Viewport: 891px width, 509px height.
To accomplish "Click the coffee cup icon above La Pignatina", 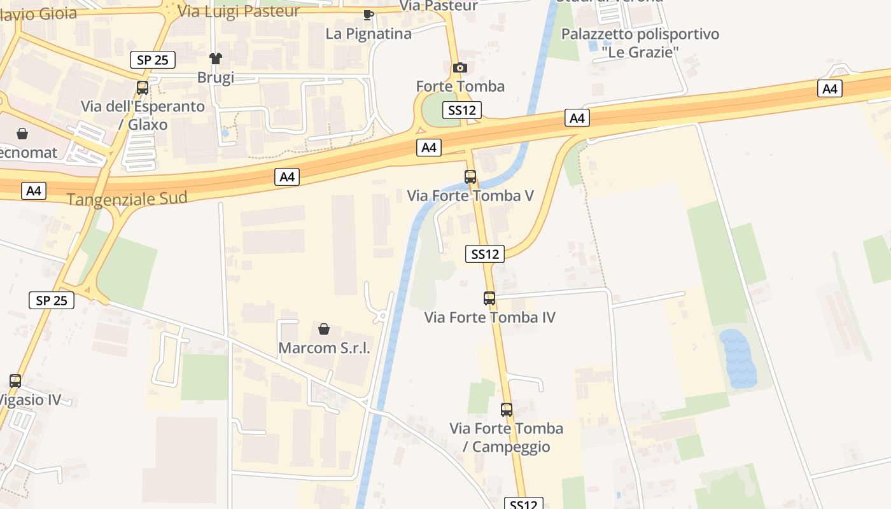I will (368, 15).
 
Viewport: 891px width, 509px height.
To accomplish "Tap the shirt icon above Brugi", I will (216, 59).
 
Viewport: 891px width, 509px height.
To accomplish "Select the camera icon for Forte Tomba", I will (460, 67).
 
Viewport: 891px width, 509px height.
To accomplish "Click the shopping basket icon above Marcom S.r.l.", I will (324, 329).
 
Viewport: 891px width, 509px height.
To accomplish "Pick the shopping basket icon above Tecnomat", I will (22, 133).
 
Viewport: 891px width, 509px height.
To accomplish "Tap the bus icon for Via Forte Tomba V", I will (470, 177).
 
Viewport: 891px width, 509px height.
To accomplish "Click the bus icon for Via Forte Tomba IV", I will (489, 298).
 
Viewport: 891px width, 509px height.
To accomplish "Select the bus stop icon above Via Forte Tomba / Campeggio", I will (507, 410).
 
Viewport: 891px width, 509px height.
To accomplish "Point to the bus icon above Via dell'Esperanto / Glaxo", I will (143, 88).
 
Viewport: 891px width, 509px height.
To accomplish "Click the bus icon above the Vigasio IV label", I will (15, 381).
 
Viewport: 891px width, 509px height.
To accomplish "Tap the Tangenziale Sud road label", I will (127, 199).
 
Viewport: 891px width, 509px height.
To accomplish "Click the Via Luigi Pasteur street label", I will (239, 11).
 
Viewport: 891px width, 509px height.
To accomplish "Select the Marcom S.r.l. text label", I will (324, 348).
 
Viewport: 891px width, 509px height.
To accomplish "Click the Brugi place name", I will (216, 78).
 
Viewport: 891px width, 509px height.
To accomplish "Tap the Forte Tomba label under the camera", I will (460, 86).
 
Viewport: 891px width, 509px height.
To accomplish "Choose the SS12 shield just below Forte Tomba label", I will (462, 110).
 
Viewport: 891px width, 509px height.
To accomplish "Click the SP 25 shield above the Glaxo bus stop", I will (153, 60).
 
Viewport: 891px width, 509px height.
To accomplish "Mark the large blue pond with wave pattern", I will (738, 358).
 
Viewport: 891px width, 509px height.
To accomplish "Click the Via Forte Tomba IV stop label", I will (489, 317).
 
